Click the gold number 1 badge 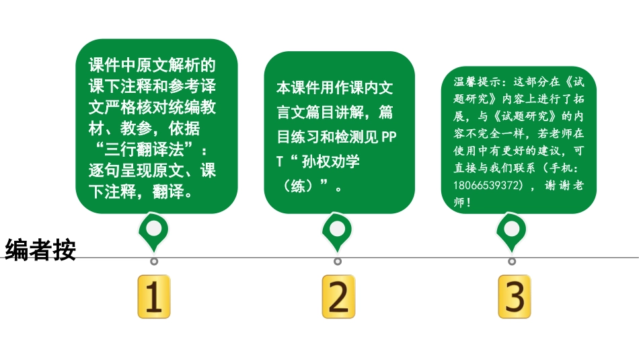click(153, 296)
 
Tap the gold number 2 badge click(338, 296)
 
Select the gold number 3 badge click(515, 296)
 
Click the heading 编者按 click(40, 250)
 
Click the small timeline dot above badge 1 click(154, 261)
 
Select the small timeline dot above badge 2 click(338, 261)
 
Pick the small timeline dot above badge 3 click(512, 261)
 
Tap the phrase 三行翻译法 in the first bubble click(144, 149)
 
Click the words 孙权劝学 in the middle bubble click(330, 162)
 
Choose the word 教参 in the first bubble click(136, 129)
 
